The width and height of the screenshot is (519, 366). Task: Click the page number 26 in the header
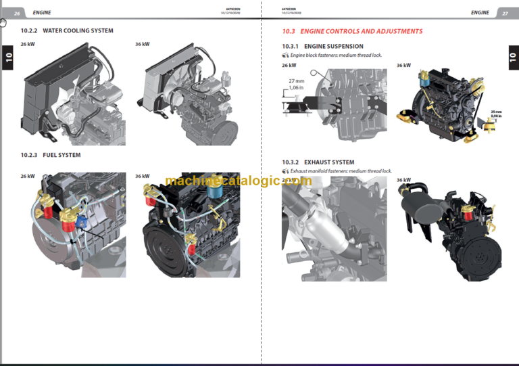[x=18, y=12]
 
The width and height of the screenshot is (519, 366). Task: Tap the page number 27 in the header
[x=505, y=12]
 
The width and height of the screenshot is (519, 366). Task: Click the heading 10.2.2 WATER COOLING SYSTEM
[x=67, y=31]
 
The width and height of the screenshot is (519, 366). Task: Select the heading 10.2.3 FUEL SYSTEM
[x=51, y=155]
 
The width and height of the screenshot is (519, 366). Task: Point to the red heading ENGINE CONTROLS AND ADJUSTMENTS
[x=352, y=31]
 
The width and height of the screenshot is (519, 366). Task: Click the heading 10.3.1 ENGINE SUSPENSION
[x=322, y=46]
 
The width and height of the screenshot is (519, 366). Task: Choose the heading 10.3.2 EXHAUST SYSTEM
[x=318, y=162]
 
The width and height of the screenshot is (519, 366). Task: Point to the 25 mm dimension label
[x=497, y=112]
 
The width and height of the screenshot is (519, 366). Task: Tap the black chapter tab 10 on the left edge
[x=8, y=58]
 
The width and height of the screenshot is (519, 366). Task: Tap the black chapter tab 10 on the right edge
[x=512, y=58]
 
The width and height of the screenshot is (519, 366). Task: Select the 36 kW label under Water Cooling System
[x=143, y=44]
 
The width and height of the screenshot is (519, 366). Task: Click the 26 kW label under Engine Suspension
[x=289, y=66]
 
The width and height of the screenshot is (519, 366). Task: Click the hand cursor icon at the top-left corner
[x=3, y=22]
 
